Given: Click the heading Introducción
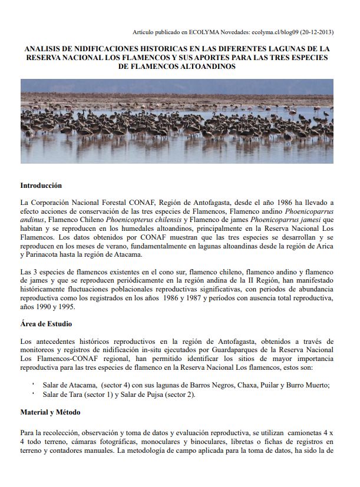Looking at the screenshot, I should pos(41,185).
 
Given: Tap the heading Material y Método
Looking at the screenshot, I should pos(50,412).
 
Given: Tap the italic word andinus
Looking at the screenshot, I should pos(32,220).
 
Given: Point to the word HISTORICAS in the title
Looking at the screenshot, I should pos(153,49).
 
